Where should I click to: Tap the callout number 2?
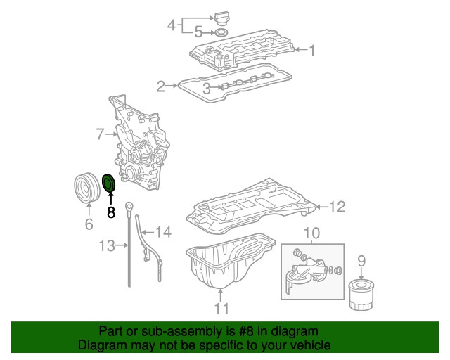click(x=161, y=86)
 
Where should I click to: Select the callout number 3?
click(x=207, y=88)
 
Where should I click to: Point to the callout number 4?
click(x=171, y=26)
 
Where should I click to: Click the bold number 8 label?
click(x=110, y=212)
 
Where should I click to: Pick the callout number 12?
click(x=337, y=206)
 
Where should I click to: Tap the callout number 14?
click(x=162, y=231)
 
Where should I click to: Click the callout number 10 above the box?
click(x=311, y=233)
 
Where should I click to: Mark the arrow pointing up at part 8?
click(x=110, y=198)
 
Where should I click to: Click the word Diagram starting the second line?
click(x=100, y=345)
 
